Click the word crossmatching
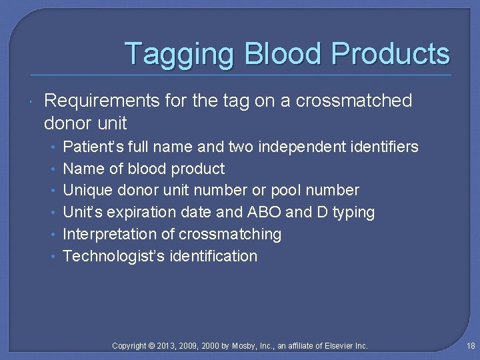point(230,235)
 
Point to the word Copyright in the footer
point(129,345)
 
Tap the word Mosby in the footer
point(243,345)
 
